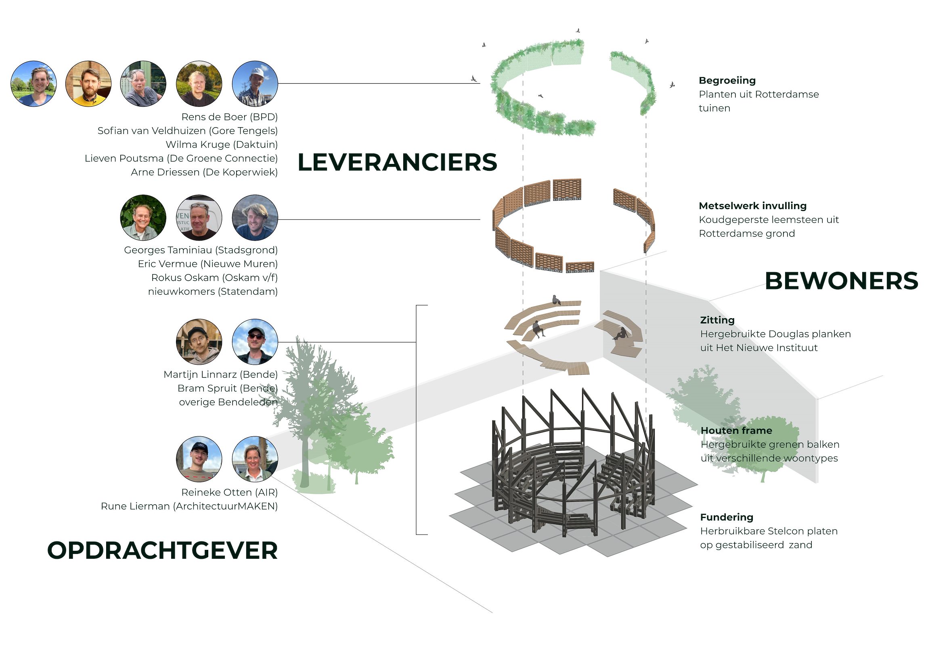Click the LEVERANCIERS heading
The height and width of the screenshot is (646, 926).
(397, 162)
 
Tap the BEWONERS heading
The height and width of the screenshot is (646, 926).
(841, 281)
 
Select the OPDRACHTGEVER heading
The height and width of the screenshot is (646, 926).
(162, 550)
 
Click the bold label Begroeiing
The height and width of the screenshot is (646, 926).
(727, 80)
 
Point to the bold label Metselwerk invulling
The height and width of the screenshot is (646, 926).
(752, 206)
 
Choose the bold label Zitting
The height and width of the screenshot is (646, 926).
(717, 320)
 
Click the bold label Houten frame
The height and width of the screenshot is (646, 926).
(736, 430)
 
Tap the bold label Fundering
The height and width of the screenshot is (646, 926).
(727, 517)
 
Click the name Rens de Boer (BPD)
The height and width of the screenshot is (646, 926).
(229, 117)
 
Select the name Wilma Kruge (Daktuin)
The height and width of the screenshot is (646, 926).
(222, 145)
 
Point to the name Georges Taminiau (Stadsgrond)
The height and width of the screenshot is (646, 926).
(201, 250)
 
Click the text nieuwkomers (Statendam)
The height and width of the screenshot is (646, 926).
(213, 292)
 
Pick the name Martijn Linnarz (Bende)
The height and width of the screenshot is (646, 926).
(220, 375)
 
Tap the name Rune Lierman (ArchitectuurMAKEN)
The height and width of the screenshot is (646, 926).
(189, 506)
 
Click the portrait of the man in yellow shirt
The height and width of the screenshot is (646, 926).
(88, 84)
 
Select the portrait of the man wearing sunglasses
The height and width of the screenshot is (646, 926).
(255, 342)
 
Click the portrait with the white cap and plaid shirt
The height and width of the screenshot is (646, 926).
(255, 84)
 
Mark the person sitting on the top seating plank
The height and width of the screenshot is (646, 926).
(556, 300)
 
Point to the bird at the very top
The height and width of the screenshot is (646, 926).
(578, 31)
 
